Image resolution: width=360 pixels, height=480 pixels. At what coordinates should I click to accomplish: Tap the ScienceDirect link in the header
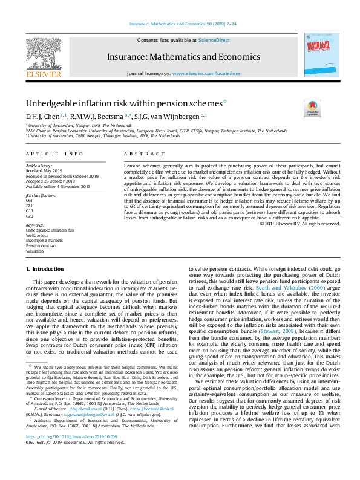(x=214, y=39)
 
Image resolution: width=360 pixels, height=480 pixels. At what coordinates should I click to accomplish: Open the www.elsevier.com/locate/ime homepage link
(x=206, y=73)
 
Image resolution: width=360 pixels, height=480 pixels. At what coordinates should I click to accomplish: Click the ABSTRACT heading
(x=136, y=155)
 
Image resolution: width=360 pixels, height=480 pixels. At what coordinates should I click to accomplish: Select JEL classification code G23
(x=29, y=216)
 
